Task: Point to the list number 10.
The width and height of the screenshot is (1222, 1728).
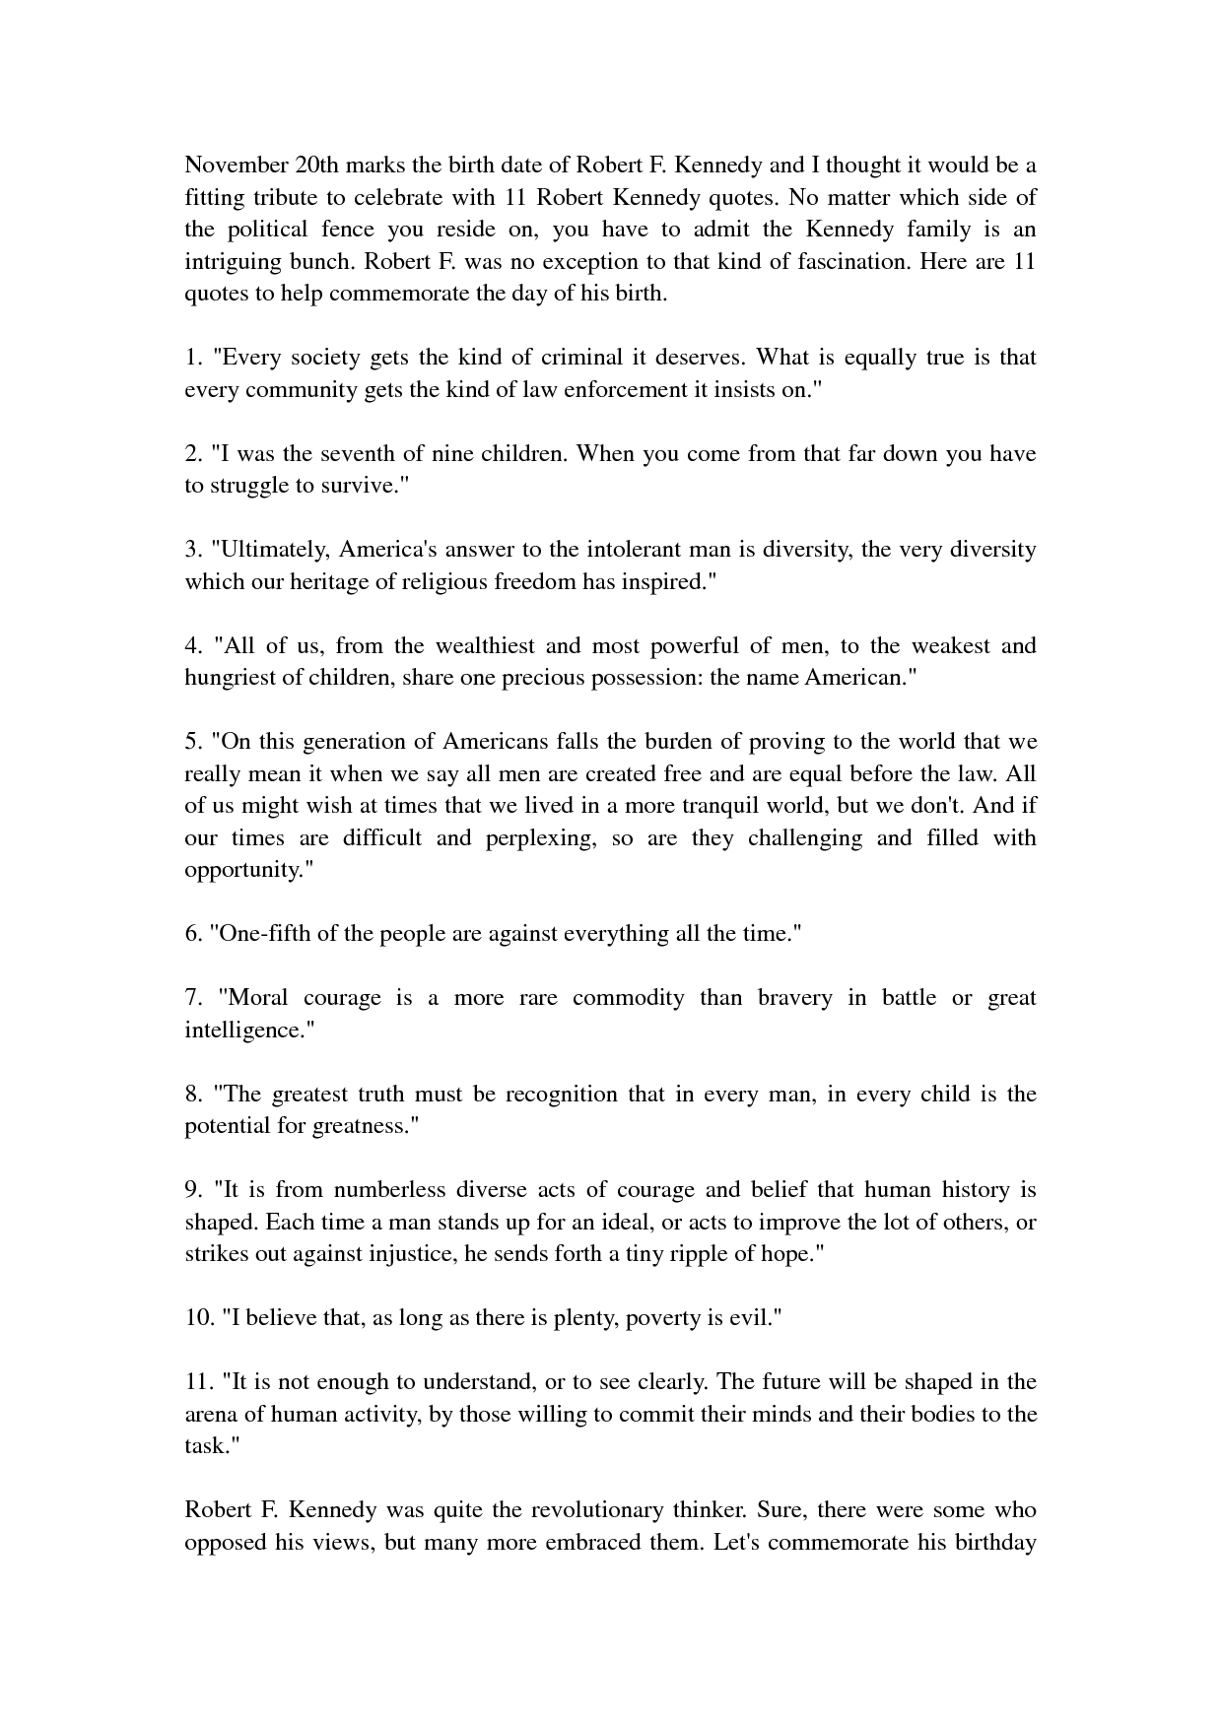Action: coord(198,1318)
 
